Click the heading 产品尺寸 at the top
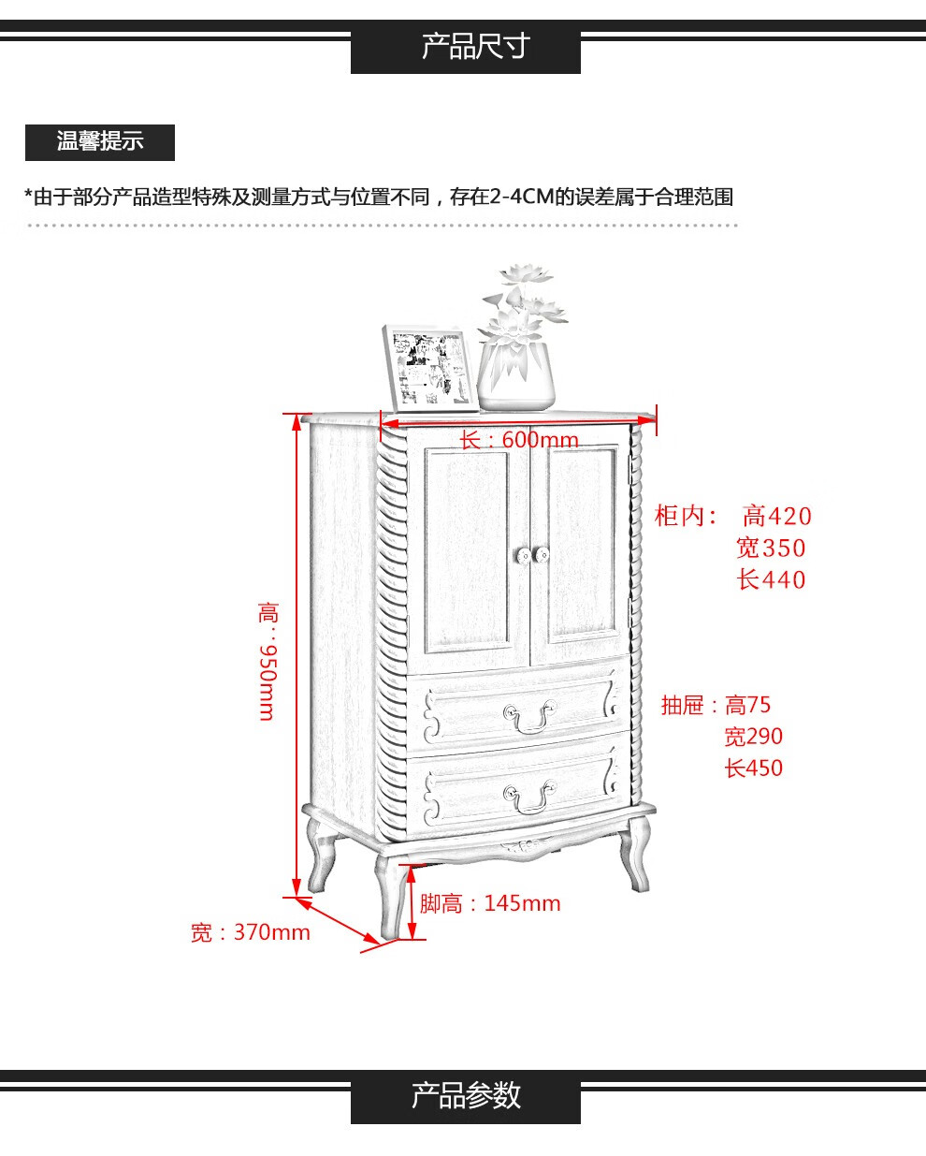point(466,46)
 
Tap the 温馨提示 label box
point(99,142)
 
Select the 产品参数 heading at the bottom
point(466,1095)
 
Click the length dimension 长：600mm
point(519,440)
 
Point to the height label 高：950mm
point(268,661)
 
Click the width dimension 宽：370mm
point(250,932)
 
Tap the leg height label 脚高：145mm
point(489,903)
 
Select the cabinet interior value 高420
point(777,516)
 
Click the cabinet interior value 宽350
point(771,548)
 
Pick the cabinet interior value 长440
point(771,579)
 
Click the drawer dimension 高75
point(748,705)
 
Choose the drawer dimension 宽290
point(753,737)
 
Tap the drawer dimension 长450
point(753,768)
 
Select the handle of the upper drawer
point(529,717)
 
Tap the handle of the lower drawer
point(529,798)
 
